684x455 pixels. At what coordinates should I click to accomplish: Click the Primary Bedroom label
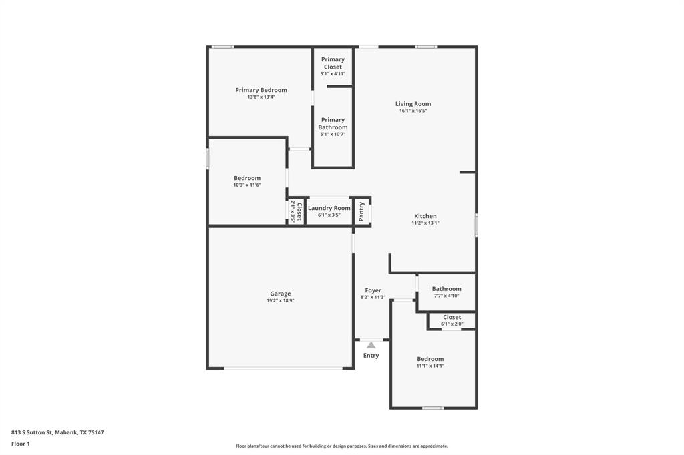tap(261, 90)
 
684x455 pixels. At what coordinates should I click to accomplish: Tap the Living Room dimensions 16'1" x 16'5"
tap(413, 111)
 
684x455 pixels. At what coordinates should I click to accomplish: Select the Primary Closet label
tap(333, 63)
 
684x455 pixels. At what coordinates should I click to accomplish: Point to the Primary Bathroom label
tap(333, 124)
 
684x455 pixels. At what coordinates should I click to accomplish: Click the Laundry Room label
tap(329, 208)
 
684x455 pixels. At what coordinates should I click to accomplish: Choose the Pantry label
tap(362, 211)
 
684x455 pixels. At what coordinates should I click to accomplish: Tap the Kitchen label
tap(425, 216)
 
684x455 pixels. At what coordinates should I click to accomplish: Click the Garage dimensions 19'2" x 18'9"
tap(280, 301)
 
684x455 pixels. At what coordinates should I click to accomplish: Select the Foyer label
tap(373, 290)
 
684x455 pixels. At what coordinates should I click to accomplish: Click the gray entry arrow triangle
tap(371, 345)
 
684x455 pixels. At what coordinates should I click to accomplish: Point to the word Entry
tap(371, 356)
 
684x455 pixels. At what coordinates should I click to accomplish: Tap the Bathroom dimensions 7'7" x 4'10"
tap(446, 296)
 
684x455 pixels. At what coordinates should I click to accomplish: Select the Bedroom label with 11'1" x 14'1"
tap(430, 359)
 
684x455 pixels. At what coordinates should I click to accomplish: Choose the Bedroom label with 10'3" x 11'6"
tap(247, 178)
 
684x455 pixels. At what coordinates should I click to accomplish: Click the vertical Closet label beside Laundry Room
tap(298, 211)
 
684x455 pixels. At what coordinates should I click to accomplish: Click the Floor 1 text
tap(21, 443)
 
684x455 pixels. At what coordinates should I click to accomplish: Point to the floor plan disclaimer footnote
tap(341, 446)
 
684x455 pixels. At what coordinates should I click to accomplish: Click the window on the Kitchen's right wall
tap(476, 225)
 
